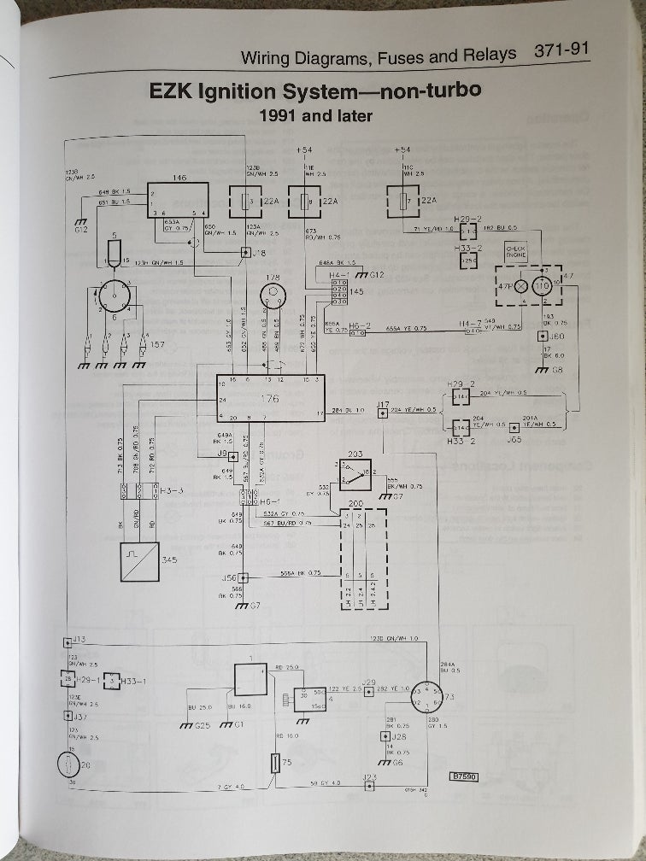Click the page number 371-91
coord(561,53)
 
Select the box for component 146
coord(178,201)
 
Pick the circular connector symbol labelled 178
coord(273,296)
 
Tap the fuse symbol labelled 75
coord(275,763)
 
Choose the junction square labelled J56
coord(242,578)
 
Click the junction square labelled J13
coord(68,641)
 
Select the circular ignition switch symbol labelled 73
coord(427,698)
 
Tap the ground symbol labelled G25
coord(189,726)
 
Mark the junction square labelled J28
coord(385,735)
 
